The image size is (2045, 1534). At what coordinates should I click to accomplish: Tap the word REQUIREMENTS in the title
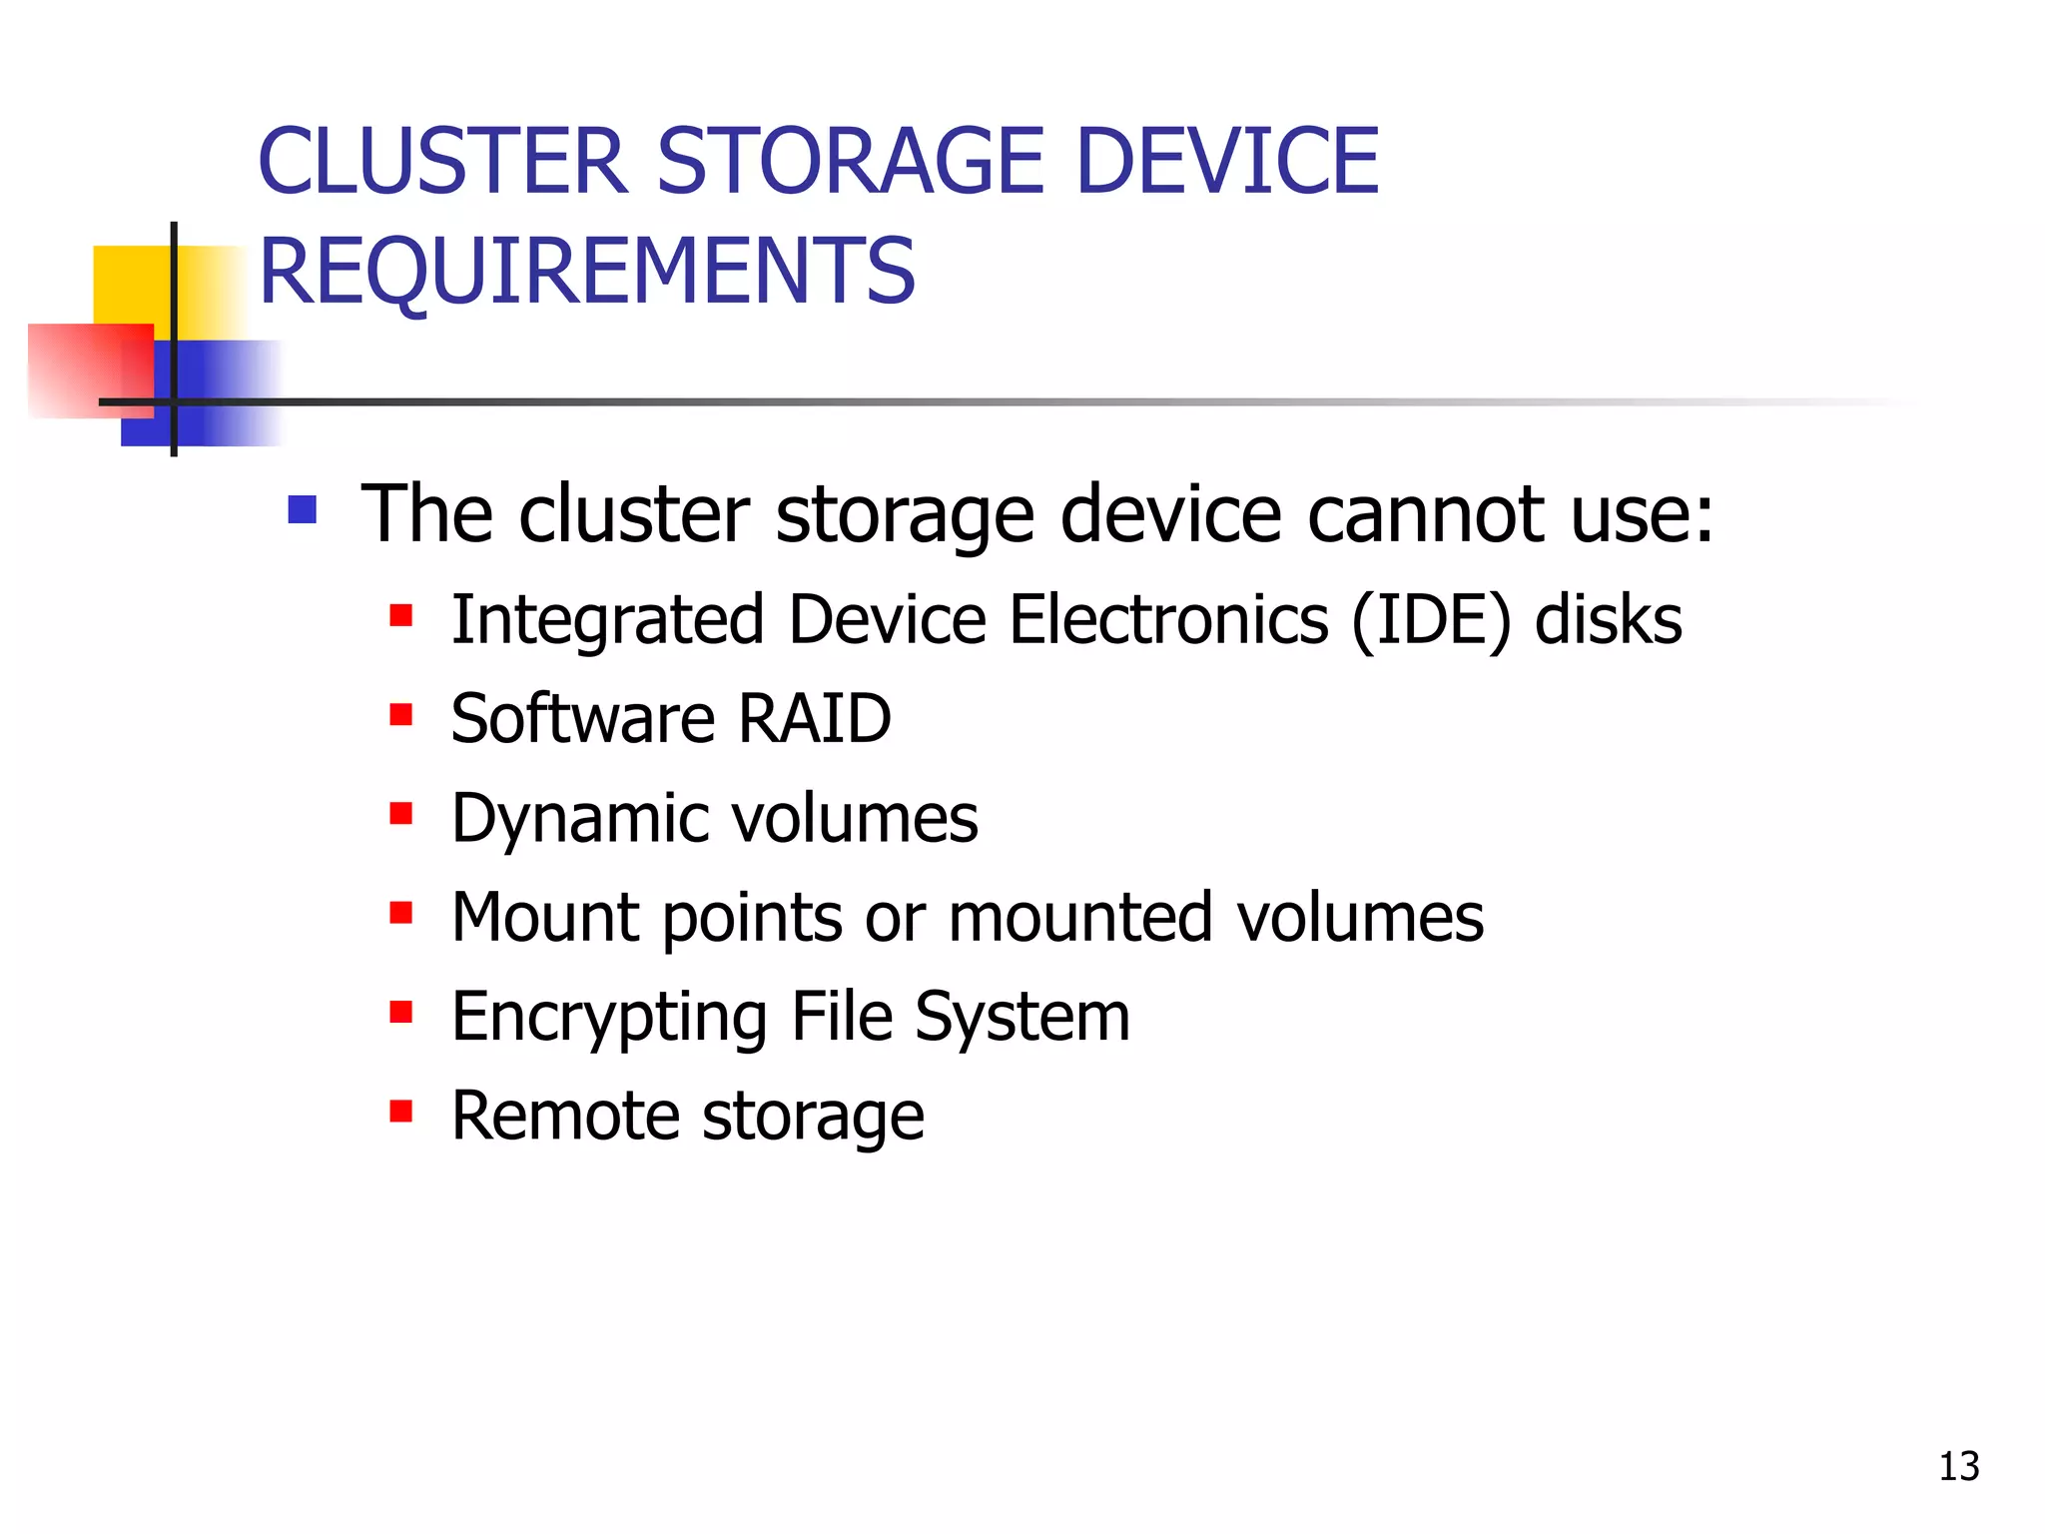pos(587,271)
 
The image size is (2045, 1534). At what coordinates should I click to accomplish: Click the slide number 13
pos(1958,1466)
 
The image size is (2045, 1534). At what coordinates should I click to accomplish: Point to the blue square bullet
pos(302,510)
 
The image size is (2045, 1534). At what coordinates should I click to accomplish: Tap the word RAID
pos(814,718)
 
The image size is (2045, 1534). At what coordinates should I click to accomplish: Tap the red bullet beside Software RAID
pos(401,715)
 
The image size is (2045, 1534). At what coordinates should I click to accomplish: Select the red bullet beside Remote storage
pos(401,1112)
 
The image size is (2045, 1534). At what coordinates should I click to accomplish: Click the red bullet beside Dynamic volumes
pos(401,814)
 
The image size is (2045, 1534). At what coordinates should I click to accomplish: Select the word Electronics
pos(1168,620)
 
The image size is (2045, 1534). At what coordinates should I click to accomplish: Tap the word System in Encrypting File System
pos(1022,1018)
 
